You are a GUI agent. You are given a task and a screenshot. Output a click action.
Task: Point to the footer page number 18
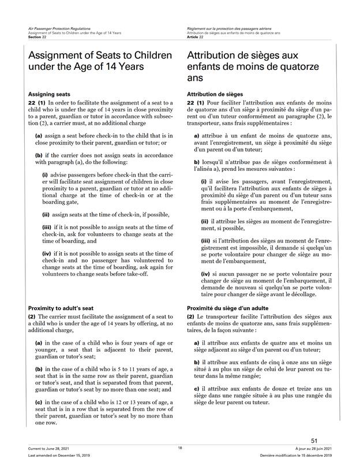179,448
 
